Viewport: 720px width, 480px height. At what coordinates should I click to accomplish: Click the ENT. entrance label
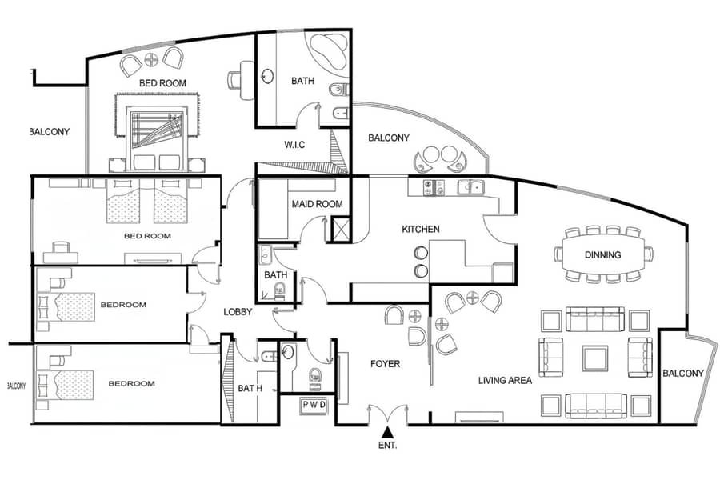tap(387, 445)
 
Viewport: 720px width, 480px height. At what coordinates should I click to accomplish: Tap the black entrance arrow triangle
tap(388, 432)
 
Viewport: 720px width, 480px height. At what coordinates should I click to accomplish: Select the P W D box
tap(314, 405)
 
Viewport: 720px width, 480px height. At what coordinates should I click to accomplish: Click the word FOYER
tap(386, 364)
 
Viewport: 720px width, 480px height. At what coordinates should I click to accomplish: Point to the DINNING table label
tap(602, 254)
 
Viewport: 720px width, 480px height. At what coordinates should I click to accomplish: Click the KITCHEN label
tap(421, 229)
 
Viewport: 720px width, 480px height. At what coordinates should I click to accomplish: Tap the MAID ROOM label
tap(318, 204)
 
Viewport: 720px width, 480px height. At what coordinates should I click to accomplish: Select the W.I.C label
tap(294, 145)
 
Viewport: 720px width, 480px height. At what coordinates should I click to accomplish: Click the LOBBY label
tap(238, 312)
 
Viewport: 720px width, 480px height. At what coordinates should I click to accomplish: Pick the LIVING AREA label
tap(505, 380)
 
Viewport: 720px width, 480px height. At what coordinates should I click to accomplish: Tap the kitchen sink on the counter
tap(470, 187)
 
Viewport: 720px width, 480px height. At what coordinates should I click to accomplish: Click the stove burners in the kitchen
tap(434, 187)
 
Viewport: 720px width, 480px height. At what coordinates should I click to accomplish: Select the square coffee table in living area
tap(595, 358)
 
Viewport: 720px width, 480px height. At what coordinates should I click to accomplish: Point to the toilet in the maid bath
tap(279, 291)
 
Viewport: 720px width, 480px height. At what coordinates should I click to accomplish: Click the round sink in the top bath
tap(266, 76)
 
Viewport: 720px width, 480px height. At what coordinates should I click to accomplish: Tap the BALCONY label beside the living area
tap(683, 374)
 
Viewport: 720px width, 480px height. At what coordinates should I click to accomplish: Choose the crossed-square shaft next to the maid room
tap(340, 230)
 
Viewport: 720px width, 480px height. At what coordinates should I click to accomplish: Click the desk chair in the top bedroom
tap(234, 81)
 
